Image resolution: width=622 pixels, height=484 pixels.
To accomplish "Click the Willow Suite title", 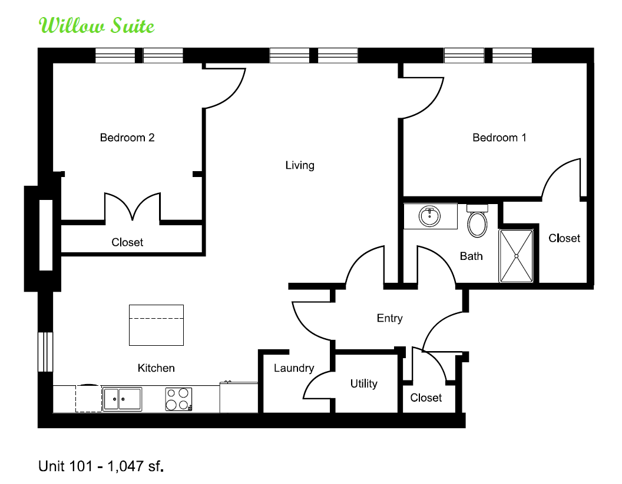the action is point(97,26).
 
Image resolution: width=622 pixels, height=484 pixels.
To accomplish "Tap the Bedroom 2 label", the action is point(127,138).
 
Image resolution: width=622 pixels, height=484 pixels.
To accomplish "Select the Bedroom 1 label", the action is point(499,138).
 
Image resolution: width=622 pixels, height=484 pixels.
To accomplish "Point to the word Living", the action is point(300,165).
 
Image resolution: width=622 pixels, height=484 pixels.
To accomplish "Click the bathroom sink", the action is point(429,216).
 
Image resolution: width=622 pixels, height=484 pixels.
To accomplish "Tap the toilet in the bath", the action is point(477,221).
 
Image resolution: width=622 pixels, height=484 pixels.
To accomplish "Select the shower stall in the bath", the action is point(516,256).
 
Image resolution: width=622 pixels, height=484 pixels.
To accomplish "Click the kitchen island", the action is point(156,325).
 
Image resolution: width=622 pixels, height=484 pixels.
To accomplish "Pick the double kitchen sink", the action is point(122,399).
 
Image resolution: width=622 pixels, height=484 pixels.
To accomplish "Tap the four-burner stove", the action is point(178,399).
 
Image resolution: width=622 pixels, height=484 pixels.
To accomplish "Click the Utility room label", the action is point(364,383).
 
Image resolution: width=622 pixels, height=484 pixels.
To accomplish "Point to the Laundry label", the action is point(294,368).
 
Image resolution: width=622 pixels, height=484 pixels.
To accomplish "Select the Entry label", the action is point(389,318).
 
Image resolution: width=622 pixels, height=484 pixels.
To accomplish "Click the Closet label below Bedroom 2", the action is point(127,242).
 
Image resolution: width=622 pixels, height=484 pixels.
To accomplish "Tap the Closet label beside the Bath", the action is point(564,238).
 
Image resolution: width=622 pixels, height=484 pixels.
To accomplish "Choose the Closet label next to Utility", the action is point(426,398).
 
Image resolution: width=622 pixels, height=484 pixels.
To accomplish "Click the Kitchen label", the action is point(156,368).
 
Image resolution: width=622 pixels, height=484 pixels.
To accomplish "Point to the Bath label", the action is point(471,256).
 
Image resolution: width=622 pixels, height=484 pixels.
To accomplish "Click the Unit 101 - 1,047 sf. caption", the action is point(101,466).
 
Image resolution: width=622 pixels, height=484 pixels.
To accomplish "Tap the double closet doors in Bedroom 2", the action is point(132,206).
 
